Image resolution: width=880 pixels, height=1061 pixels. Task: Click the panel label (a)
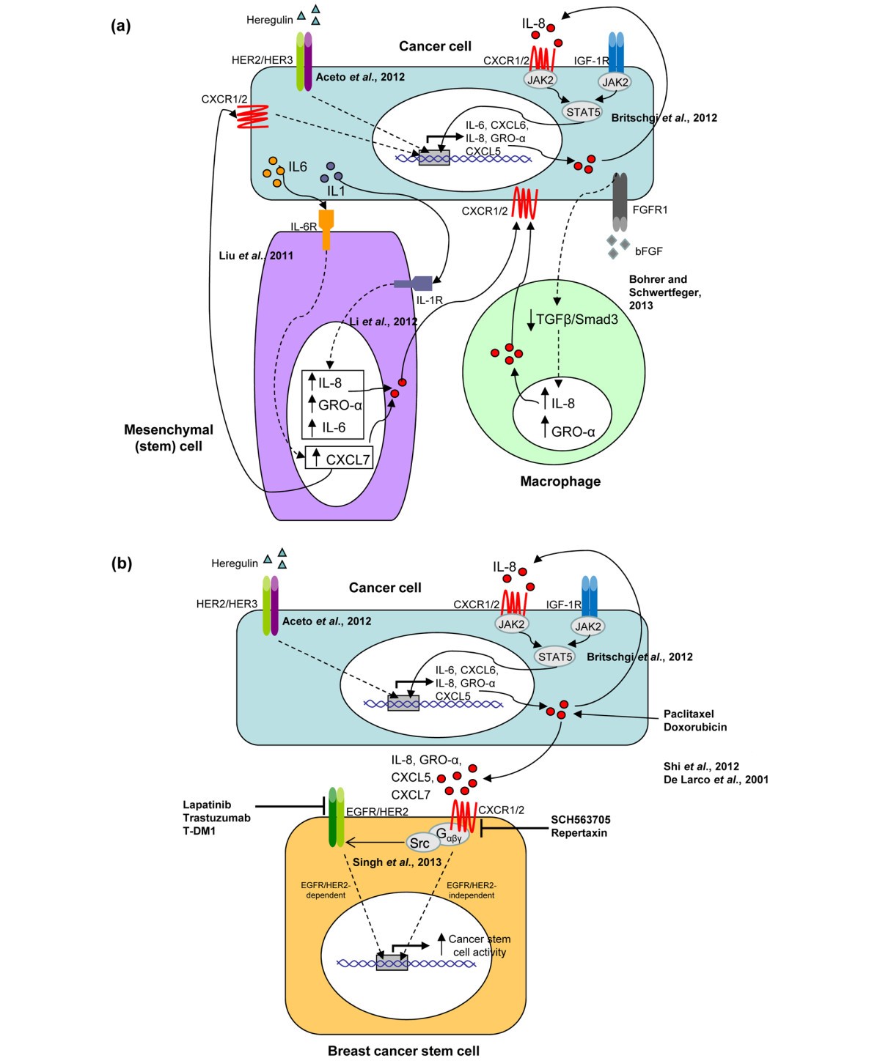pyautogui.click(x=120, y=26)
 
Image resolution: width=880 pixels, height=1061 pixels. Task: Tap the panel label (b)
pyautogui.click(x=120, y=563)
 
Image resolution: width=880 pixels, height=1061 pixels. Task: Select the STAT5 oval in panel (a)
pyautogui.click(x=583, y=112)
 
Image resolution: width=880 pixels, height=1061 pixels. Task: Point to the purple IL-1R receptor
pyautogui.click(x=414, y=284)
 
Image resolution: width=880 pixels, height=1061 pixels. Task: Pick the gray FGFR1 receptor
pyautogui.click(x=620, y=202)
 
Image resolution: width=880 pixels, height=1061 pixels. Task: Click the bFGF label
pyautogui.click(x=648, y=251)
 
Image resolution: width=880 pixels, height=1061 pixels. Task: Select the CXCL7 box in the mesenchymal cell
pyautogui.click(x=340, y=459)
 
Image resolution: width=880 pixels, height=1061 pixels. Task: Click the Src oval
pyautogui.click(x=419, y=843)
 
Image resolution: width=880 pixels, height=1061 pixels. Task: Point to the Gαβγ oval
pyautogui.click(x=450, y=835)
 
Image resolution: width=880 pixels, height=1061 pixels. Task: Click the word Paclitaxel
pyautogui.click(x=689, y=714)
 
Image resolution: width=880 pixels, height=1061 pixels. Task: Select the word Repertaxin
pyautogui.click(x=579, y=833)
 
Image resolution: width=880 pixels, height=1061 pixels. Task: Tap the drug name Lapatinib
pyautogui.click(x=207, y=805)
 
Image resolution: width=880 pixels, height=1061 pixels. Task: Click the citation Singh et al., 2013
pyautogui.click(x=397, y=862)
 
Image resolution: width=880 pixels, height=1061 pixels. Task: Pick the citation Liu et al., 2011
pyautogui.click(x=256, y=256)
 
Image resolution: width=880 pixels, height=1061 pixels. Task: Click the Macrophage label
pyautogui.click(x=560, y=481)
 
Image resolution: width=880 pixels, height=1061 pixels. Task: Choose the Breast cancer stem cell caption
pyautogui.click(x=403, y=1051)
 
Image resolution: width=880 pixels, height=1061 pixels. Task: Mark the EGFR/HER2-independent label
pyautogui.click(x=471, y=890)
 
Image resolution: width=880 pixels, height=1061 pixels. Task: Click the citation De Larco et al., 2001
pyautogui.click(x=716, y=780)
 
